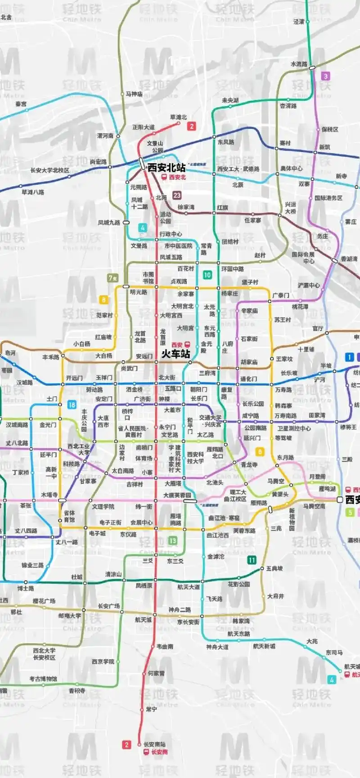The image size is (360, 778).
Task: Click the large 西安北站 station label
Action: (166, 167)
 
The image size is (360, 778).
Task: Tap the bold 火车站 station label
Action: (175, 354)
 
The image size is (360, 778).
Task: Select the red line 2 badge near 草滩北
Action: (192, 126)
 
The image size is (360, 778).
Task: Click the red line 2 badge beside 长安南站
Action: (126, 745)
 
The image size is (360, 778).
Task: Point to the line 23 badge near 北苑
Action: (177, 195)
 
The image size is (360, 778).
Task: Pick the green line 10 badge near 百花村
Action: (207, 275)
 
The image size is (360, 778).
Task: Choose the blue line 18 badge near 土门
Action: (72, 405)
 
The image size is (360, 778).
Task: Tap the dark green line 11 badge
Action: (252, 560)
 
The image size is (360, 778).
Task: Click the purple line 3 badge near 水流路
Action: (326, 76)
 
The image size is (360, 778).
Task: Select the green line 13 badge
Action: (172, 541)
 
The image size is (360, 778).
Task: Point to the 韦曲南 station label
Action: (165, 646)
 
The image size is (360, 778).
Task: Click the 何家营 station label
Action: (156, 673)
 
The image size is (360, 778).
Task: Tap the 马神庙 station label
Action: (134, 94)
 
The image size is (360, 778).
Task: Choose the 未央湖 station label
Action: (230, 100)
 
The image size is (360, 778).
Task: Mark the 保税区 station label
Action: (330, 129)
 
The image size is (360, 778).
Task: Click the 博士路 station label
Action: (26, 588)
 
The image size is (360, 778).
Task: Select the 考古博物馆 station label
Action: (43, 679)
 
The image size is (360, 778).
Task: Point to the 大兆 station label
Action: (312, 641)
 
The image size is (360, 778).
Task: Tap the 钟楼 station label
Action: (165, 399)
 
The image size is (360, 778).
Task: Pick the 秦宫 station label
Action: (21, 104)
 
